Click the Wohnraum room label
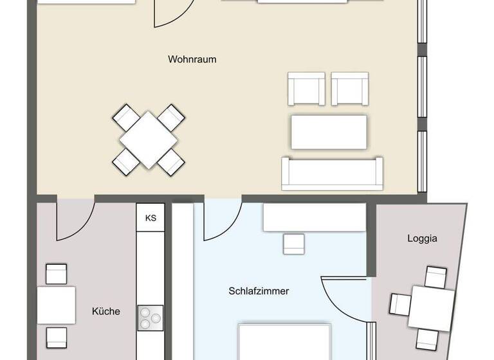tap(192, 60)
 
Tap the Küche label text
tap(106, 311)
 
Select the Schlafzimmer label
tap(259, 291)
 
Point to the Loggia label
tap(422, 239)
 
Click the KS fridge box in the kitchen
tap(151, 218)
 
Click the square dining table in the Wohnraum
tap(149, 139)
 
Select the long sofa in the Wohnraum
tap(332, 173)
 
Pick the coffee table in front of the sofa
tap(329, 131)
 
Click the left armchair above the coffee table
tap(306, 89)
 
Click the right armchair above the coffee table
tap(350, 89)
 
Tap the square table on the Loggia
tap(432, 307)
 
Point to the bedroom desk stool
tap(294, 243)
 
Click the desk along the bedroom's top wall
tap(314, 218)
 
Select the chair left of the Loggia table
tap(401, 304)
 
